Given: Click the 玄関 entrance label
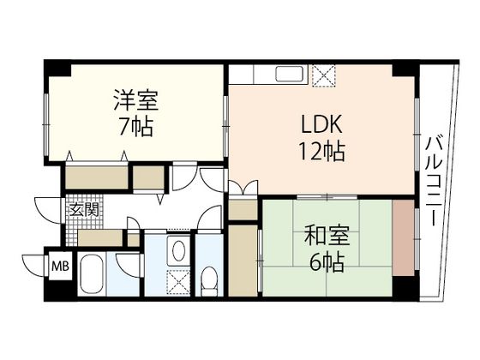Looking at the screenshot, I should [82, 209].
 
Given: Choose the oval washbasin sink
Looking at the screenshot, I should [177, 251].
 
